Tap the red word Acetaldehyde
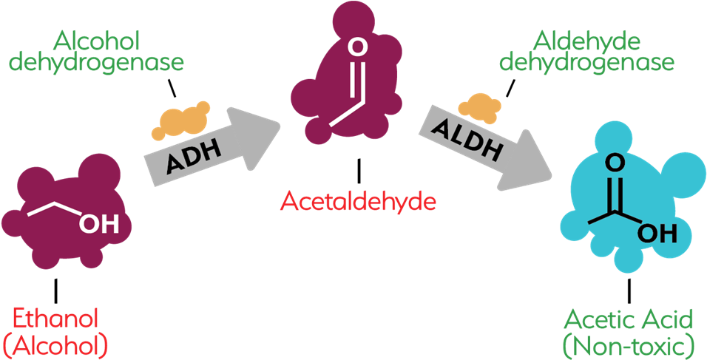(358, 200)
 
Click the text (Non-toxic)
(629, 344)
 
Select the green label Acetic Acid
(629, 321)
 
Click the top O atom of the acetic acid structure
(612, 163)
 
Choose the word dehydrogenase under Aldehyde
(586, 62)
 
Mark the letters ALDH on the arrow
(471, 140)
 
